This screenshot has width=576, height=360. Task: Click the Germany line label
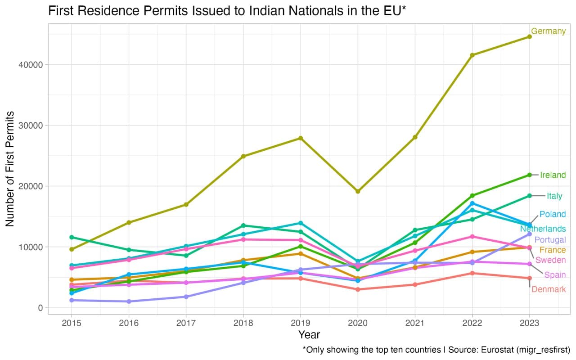(548, 31)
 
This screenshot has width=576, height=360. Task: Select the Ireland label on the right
(553, 175)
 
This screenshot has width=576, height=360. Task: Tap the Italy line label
(554, 196)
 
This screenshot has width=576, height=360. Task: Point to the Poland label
(552, 214)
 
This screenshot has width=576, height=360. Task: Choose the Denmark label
(548, 289)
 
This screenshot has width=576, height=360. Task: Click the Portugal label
(550, 240)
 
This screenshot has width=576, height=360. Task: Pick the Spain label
(554, 275)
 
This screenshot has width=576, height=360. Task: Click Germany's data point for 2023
(529, 36)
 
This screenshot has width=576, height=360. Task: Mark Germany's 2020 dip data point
(358, 191)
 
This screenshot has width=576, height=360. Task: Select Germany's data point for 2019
(301, 138)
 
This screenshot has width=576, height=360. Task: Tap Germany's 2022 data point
(472, 55)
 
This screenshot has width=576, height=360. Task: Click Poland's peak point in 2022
(472, 203)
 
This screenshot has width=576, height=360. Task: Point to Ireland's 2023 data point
(529, 175)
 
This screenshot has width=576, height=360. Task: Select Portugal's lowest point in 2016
(129, 301)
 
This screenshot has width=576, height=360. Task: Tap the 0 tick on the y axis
(40, 308)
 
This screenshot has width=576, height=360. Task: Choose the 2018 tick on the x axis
(243, 323)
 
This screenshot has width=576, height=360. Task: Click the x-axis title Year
(309, 335)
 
